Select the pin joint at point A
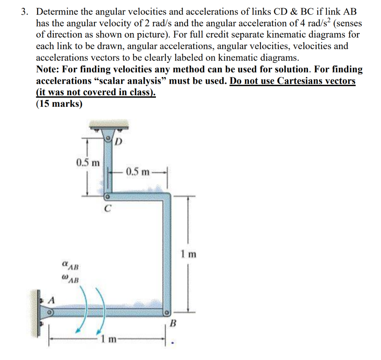(x=49, y=312)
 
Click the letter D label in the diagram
(x=118, y=142)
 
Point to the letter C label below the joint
(x=107, y=209)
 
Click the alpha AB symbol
(x=71, y=266)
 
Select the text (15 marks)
(x=60, y=104)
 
